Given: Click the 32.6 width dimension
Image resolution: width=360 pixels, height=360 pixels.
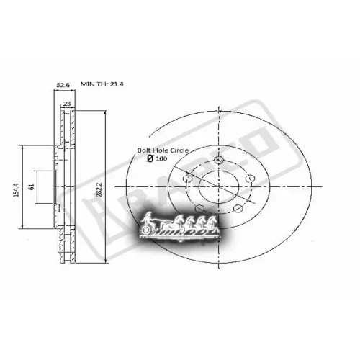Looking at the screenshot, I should point(63,86).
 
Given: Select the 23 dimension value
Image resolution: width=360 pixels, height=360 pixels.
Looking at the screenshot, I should point(66,104).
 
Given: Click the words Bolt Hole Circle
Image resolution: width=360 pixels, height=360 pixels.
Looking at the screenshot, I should point(163,149).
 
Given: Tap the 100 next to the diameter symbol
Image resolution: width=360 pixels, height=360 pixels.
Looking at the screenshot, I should point(162,158).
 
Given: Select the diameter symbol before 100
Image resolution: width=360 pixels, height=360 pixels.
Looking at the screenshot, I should point(150,158).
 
